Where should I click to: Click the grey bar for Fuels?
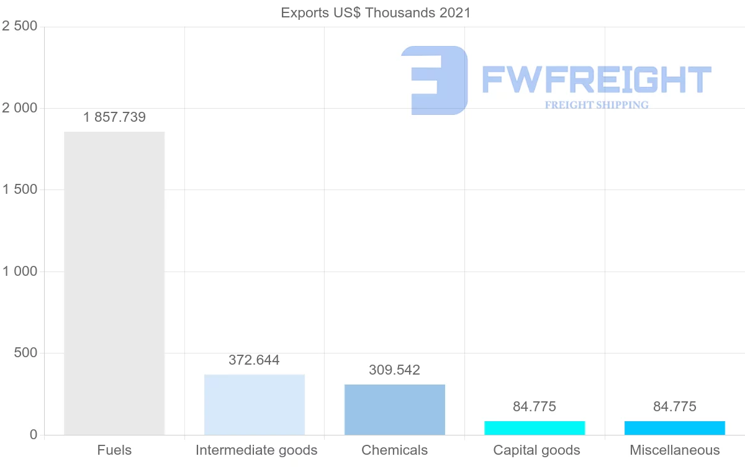pos(114,283)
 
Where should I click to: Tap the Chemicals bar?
pos(395,409)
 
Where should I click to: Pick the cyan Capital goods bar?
pos(535,428)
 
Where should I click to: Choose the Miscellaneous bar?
pos(675,428)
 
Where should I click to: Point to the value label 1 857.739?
pos(114,117)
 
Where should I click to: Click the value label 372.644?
pos(254,360)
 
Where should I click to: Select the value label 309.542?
pos(394,370)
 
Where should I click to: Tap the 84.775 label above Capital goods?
pos(535,407)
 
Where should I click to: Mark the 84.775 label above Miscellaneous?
pos(675,407)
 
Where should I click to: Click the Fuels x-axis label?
pos(114,450)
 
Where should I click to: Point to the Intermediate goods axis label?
pos(256,450)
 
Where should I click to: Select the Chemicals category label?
pos(395,450)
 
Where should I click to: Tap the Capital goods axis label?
pos(537,450)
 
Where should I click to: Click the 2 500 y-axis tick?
pos(20,26)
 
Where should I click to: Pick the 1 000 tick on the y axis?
pos(20,271)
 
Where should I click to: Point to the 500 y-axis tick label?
pos(25,353)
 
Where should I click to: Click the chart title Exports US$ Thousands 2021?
pos(376,12)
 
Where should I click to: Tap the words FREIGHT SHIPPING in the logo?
pos(597,105)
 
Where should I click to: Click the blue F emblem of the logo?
pos(435,80)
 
